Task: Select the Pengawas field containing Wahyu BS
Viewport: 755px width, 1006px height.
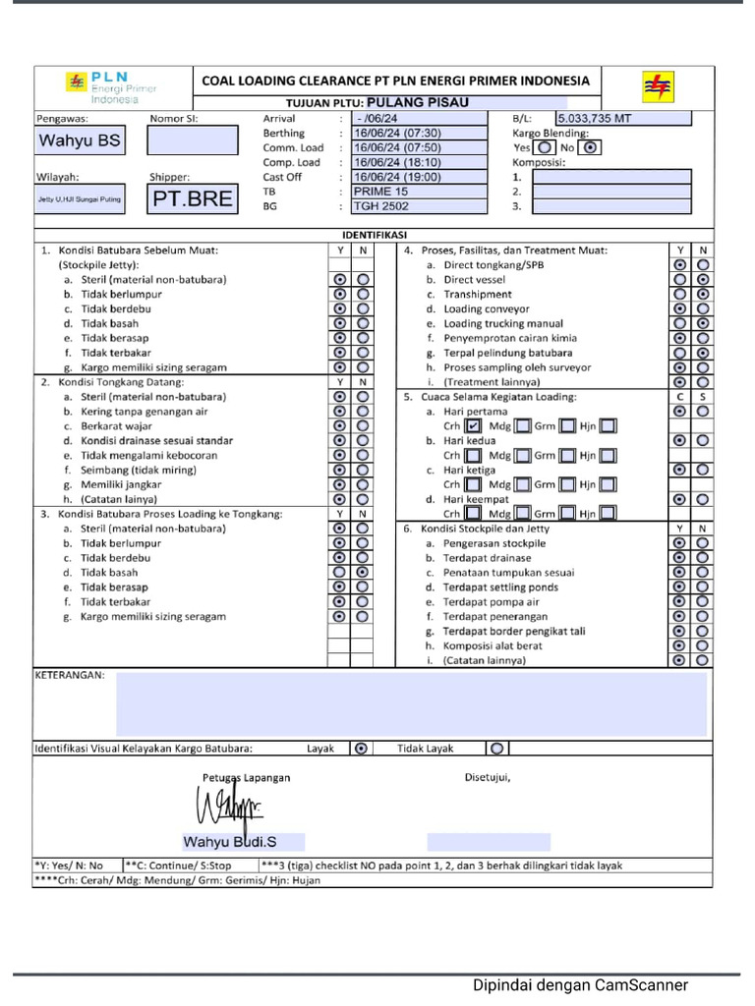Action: pyautogui.click(x=80, y=140)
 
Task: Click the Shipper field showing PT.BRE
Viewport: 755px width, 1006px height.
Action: pyautogui.click(x=193, y=199)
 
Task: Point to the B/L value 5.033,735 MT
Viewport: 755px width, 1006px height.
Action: pyautogui.click(x=622, y=119)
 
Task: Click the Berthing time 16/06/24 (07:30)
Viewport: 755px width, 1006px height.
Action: pyautogui.click(x=419, y=134)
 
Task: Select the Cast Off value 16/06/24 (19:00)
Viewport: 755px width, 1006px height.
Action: pyautogui.click(x=419, y=178)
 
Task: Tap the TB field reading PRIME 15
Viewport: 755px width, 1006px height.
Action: pyautogui.click(x=419, y=193)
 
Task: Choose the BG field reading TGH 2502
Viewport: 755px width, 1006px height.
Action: pyautogui.click(x=419, y=207)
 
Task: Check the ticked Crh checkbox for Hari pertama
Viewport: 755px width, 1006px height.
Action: pyautogui.click(x=474, y=426)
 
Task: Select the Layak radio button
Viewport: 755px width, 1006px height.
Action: pyautogui.click(x=361, y=749)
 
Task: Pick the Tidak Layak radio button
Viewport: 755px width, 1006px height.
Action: pyautogui.click(x=496, y=749)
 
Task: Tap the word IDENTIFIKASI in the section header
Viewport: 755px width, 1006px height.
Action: pyautogui.click(x=375, y=236)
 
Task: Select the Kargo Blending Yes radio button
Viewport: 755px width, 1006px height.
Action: pyautogui.click(x=546, y=148)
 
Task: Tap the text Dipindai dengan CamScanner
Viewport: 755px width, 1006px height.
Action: pyautogui.click(x=580, y=985)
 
